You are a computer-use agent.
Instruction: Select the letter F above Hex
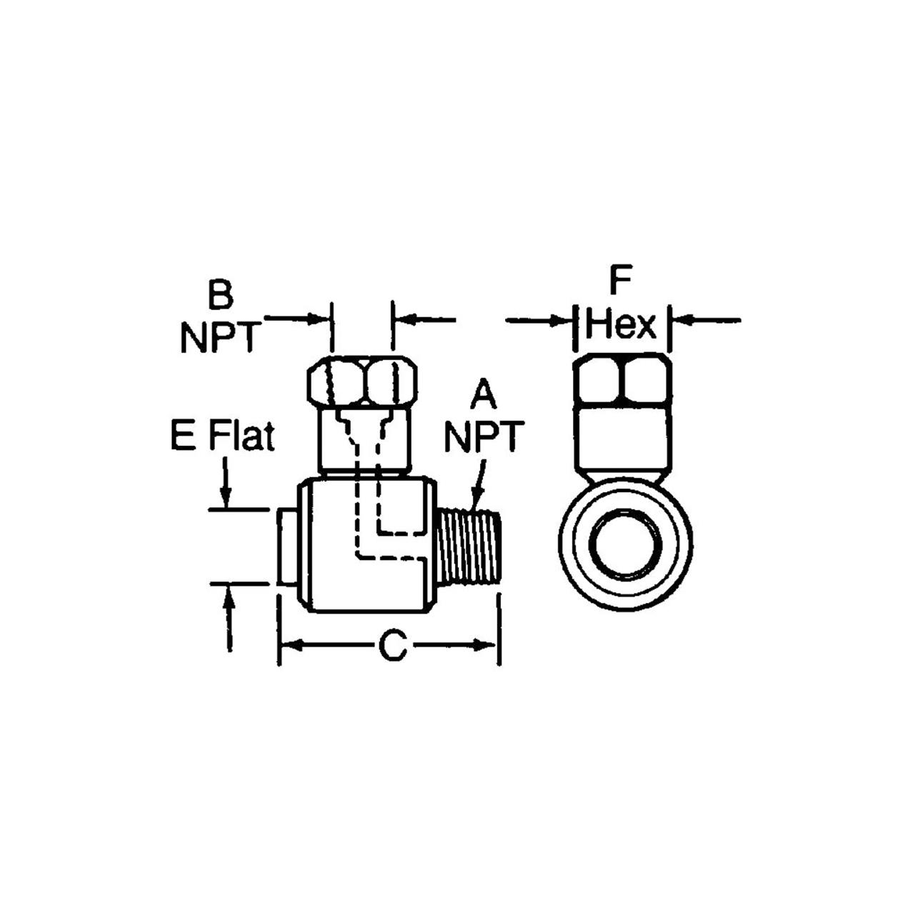[x=621, y=281]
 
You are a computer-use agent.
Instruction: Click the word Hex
[x=621, y=326]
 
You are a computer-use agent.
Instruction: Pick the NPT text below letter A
[x=484, y=436]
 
